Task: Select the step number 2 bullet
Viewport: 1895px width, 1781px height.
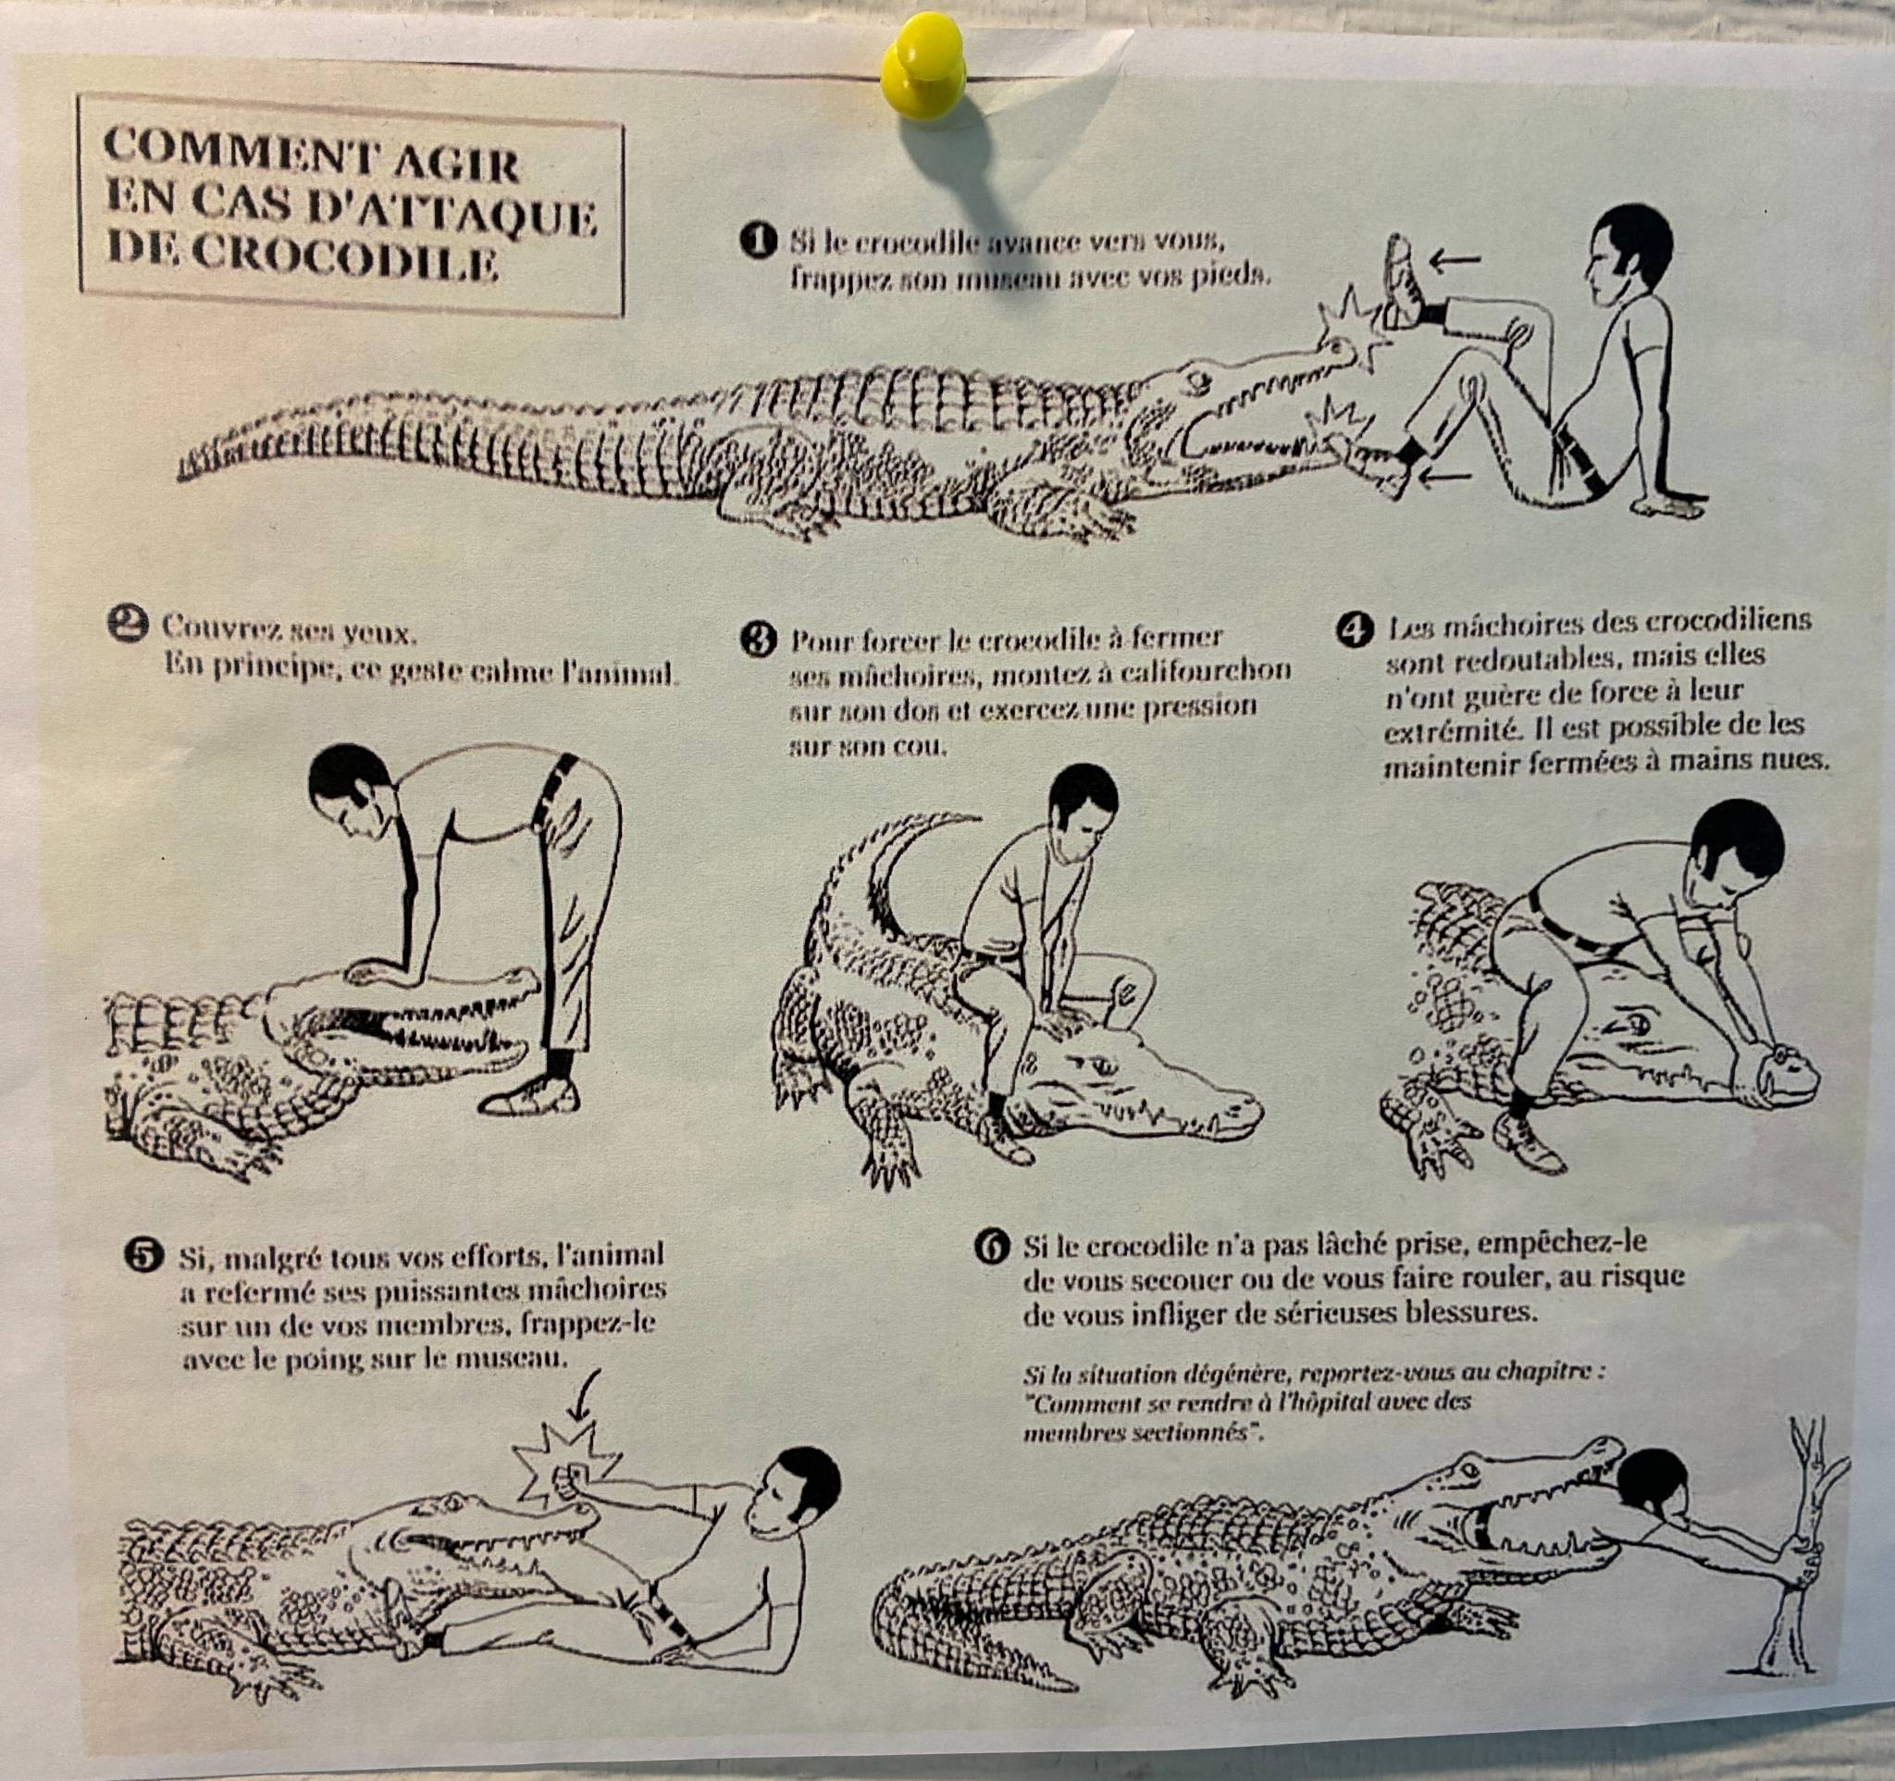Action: click(x=130, y=625)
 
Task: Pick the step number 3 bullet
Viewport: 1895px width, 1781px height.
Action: click(x=759, y=638)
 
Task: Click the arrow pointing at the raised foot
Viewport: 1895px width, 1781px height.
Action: click(x=1454, y=257)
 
